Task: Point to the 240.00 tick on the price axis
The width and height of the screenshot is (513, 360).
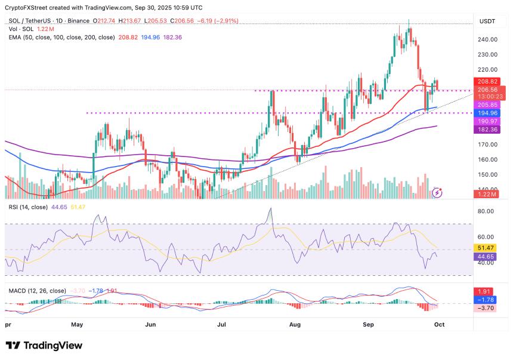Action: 487,39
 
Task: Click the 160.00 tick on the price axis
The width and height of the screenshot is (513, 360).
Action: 487,159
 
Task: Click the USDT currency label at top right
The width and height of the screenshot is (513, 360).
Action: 488,22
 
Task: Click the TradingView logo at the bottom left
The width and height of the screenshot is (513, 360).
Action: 44,346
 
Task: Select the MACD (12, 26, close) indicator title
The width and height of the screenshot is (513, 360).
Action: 37,290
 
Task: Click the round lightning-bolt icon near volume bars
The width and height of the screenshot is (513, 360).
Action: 438,192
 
